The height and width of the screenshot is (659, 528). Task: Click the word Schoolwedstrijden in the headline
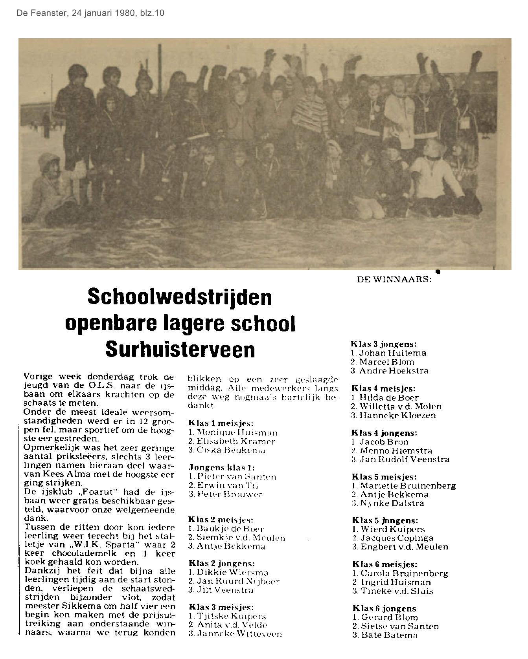pyautogui.click(x=180, y=297)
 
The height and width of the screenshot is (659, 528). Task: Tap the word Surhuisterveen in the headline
pyautogui.click(x=180, y=349)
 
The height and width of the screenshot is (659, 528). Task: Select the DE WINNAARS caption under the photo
pyautogui.click(x=394, y=280)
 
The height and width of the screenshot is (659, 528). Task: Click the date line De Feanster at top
pyautogui.click(x=90, y=13)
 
